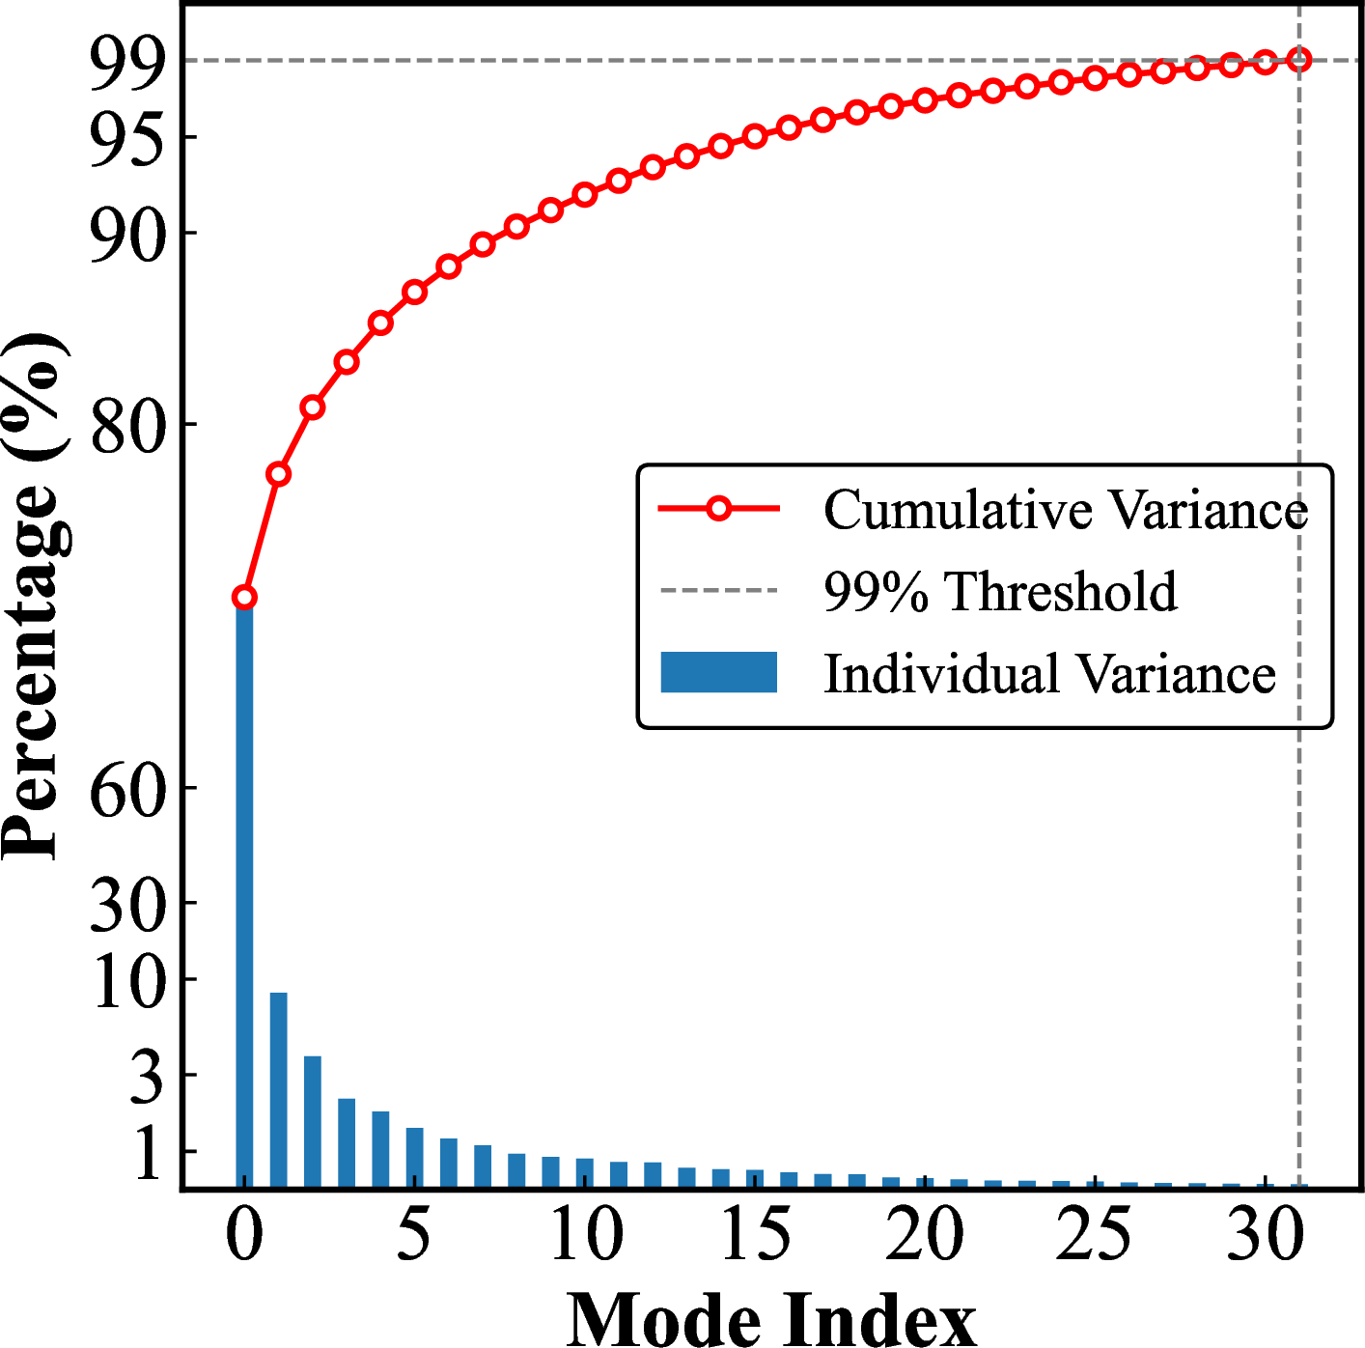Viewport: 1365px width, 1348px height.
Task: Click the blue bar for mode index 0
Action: pos(244,893)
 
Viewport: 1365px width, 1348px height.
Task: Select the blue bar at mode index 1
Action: pos(278,1089)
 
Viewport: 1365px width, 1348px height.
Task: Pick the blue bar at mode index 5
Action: pos(414,1157)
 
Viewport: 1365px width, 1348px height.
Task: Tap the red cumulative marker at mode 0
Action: pos(244,598)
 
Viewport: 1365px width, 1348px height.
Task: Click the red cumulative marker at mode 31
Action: pos(1299,60)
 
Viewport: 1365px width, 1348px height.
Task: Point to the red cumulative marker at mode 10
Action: pos(584,195)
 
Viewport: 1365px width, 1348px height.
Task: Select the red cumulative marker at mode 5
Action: pos(414,292)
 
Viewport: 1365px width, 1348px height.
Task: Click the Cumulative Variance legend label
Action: pos(1065,510)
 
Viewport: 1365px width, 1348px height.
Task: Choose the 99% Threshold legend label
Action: pos(1000,591)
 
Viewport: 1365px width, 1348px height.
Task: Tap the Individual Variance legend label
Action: pos(1049,673)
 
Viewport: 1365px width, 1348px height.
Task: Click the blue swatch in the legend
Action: pos(718,672)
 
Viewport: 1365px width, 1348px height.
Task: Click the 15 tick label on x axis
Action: pos(754,1234)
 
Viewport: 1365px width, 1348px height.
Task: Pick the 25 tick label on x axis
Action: pos(1094,1234)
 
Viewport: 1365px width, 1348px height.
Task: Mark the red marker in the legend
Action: pos(718,508)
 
